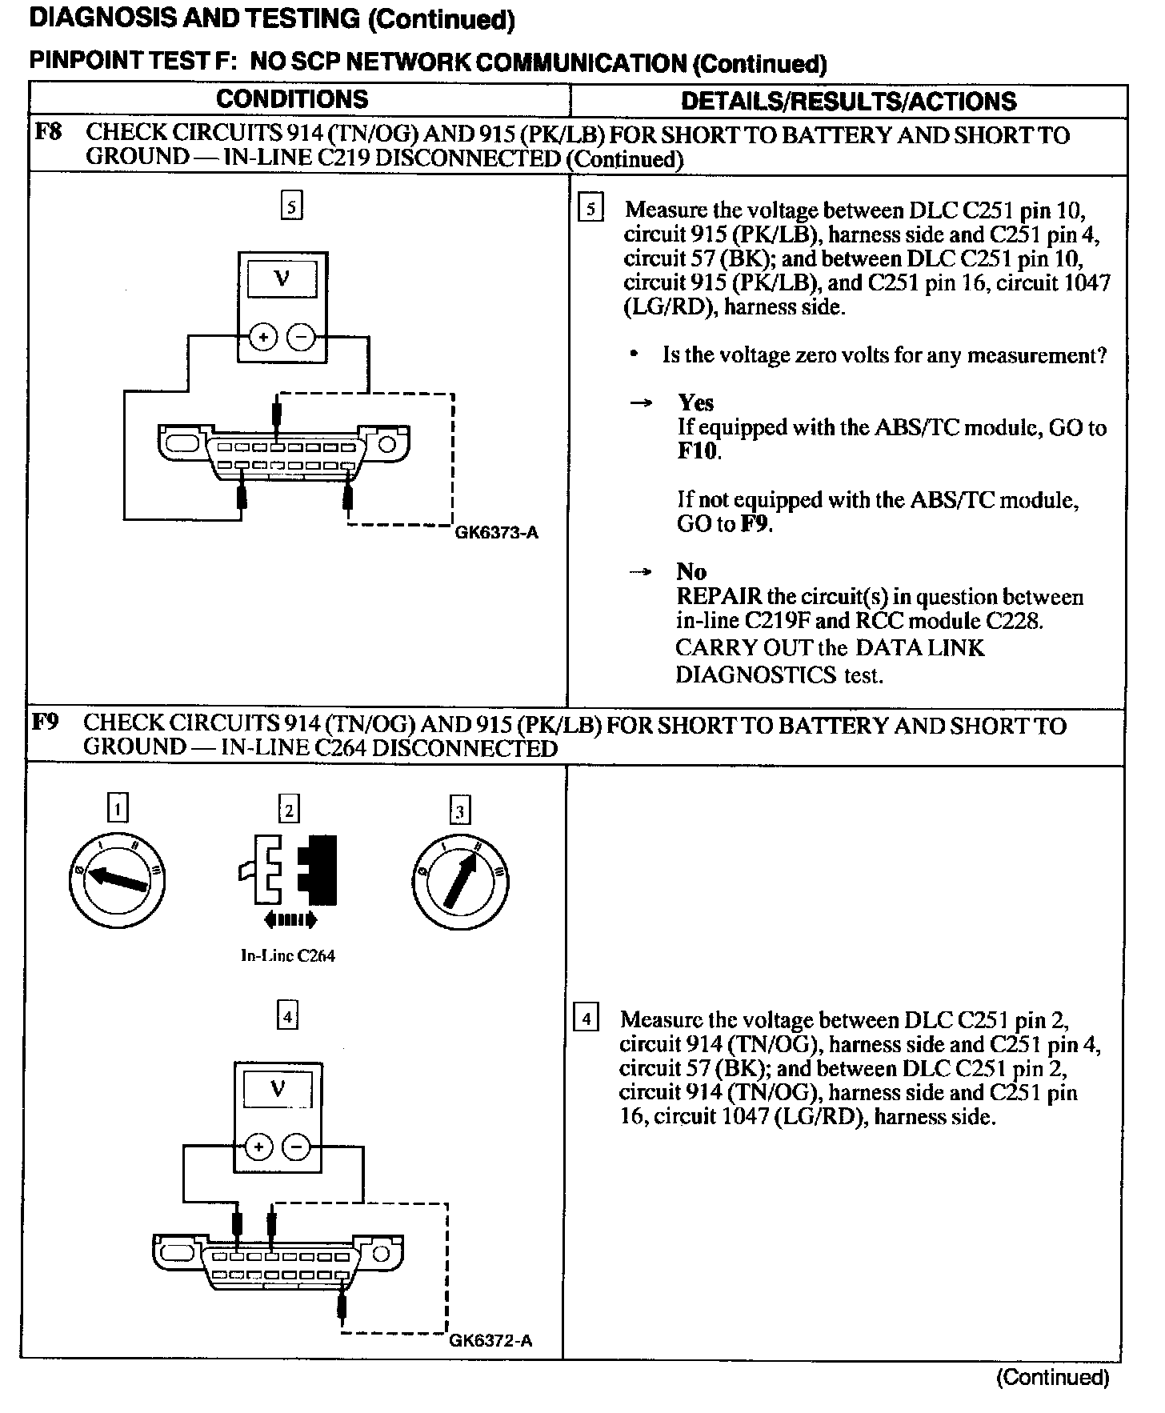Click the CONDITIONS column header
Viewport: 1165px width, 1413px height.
click(292, 99)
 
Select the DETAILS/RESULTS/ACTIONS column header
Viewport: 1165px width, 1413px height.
click(848, 101)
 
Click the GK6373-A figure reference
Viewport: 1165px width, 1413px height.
click(496, 533)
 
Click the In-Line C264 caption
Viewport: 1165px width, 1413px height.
click(288, 955)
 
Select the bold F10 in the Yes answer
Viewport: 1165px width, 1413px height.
click(698, 451)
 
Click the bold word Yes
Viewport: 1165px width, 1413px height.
click(695, 402)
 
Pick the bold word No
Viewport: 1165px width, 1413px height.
click(691, 571)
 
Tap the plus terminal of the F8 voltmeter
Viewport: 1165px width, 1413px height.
click(262, 338)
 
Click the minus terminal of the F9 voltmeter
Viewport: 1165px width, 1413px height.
click(296, 1147)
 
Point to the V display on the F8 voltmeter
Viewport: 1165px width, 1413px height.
click(282, 278)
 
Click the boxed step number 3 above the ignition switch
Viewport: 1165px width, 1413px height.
click(458, 811)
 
